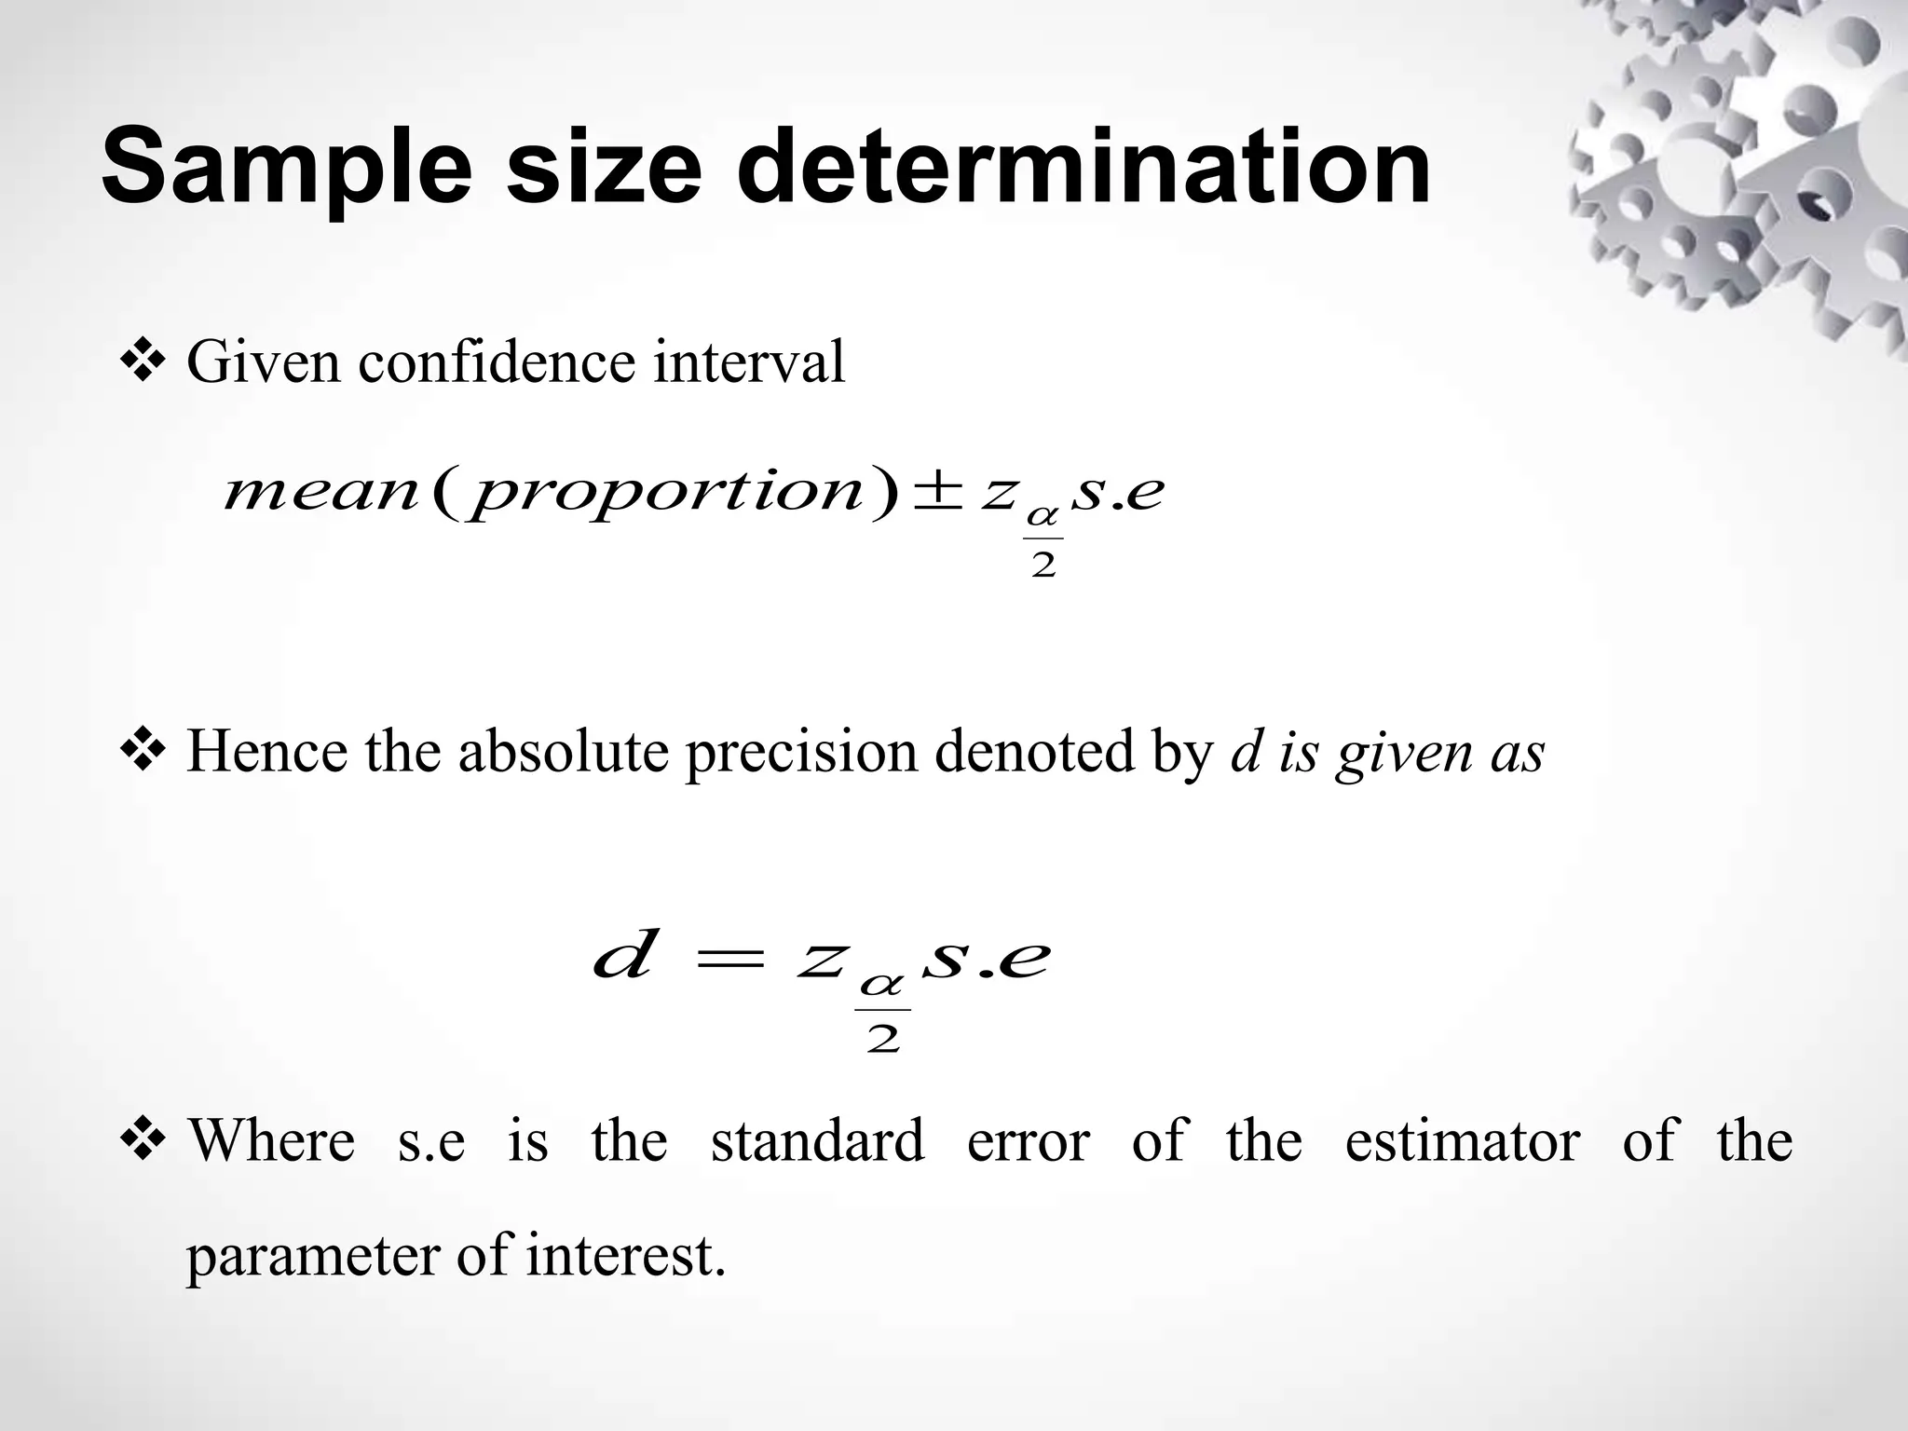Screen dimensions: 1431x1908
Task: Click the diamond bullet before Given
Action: (x=142, y=361)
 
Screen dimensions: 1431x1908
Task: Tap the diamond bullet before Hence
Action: (x=142, y=751)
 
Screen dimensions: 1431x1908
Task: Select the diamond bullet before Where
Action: (x=142, y=1139)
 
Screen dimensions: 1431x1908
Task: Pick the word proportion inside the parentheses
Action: (x=668, y=494)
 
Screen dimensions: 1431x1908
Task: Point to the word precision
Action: (x=801, y=753)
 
